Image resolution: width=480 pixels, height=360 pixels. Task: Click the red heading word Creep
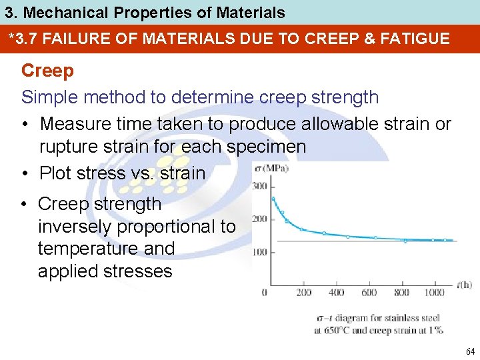pyautogui.click(x=47, y=70)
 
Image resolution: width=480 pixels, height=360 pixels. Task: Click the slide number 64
pyautogui.click(x=471, y=351)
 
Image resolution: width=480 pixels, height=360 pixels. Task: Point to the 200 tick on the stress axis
pyautogui.click(x=259, y=219)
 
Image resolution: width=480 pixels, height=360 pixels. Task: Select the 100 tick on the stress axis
pyautogui.click(x=259, y=252)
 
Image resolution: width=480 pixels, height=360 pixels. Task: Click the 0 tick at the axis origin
pyautogui.click(x=265, y=293)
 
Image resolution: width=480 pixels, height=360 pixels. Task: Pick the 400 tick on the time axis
pyautogui.click(x=337, y=293)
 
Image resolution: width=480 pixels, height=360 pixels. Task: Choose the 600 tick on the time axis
pyautogui.click(x=369, y=293)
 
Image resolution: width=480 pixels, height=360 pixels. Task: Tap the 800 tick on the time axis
pyautogui.click(x=401, y=293)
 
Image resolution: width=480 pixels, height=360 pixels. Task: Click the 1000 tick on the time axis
pyautogui.click(x=434, y=293)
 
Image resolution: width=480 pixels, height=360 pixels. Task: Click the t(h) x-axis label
pyautogui.click(x=465, y=285)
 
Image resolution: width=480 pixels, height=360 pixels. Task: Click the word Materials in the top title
pyautogui.click(x=247, y=12)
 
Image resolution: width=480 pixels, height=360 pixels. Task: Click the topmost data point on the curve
pyautogui.click(x=273, y=198)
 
